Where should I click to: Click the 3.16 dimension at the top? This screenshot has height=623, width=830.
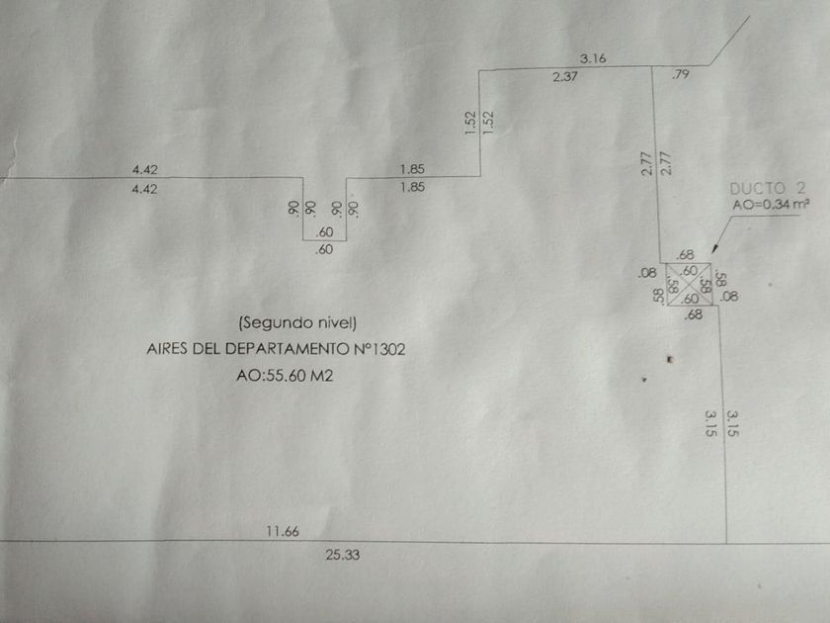click(x=593, y=58)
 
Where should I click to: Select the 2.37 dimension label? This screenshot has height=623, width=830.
click(x=564, y=77)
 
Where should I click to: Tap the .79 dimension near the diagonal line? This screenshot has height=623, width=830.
click(x=680, y=75)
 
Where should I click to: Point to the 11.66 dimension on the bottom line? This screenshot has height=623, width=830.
click(x=282, y=531)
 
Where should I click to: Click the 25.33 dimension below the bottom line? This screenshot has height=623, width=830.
click(x=342, y=555)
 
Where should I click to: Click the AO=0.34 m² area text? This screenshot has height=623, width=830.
click(x=772, y=205)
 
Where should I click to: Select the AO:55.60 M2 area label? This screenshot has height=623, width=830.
click(x=286, y=376)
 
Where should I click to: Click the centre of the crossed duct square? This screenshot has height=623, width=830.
click(x=690, y=285)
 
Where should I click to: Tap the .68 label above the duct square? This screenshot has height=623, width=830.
click(x=686, y=255)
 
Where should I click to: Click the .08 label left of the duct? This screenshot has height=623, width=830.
click(x=647, y=273)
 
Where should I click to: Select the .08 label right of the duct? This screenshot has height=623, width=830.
click(x=730, y=296)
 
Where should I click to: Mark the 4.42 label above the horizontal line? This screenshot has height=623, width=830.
click(x=143, y=170)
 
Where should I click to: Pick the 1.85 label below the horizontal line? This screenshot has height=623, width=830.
click(x=413, y=187)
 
